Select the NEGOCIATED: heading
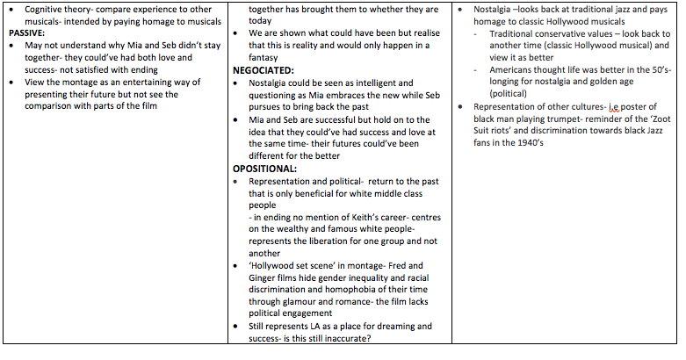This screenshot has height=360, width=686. pyautogui.click(x=269, y=68)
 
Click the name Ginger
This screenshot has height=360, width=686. pyautogui.click(x=261, y=278)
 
